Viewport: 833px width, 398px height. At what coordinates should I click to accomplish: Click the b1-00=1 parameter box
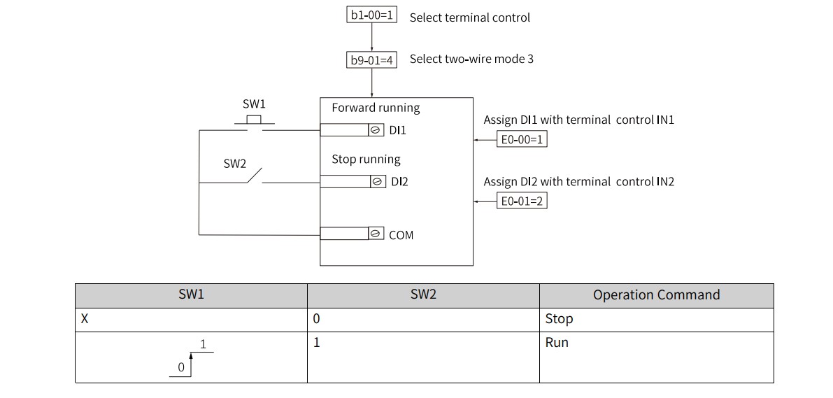pyautogui.click(x=372, y=15)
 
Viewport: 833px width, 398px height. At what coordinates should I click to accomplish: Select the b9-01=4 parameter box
pyautogui.click(x=372, y=60)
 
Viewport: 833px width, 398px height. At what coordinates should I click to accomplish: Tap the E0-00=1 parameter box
pyautogui.click(x=522, y=139)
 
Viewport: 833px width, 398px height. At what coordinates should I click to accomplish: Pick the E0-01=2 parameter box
pyautogui.click(x=522, y=201)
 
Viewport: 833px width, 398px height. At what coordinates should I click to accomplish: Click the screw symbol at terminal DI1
pyautogui.click(x=376, y=129)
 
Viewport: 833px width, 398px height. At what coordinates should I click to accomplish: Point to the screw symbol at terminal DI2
pyautogui.click(x=378, y=181)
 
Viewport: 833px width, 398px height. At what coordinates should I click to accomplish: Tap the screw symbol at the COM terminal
pyautogui.click(x=376, y=233)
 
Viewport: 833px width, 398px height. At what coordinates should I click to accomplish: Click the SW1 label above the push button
pyautogui.click(x=254, y=104)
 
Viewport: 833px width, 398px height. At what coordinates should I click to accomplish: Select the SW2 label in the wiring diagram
pyautogui.click(x=235, y=164)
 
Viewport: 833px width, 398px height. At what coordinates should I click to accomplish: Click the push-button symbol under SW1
pyautogui.click(x=255, y=121)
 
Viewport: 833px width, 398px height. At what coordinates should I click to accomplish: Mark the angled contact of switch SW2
pyautogui.click(x=255, y=176)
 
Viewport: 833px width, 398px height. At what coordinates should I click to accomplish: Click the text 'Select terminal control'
pyautogui.click(x=469, y=17)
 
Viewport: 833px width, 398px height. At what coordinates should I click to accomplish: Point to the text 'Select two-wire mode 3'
pyautogui.click(x=471, y=59)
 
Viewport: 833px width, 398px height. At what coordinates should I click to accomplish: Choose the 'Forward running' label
pyautogui.click(x=376, y=108)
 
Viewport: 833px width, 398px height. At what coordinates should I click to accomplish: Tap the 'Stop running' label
pyautogui.click(x=366, y=159)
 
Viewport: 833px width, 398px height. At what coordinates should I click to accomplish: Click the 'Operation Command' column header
pyautogui.click(x=657, y=295)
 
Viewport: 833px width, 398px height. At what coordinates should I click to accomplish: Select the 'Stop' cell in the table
pyautogui.click(x=559, y=319)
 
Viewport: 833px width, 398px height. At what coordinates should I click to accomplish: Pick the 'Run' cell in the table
pyautogui.click(x=557, y=342)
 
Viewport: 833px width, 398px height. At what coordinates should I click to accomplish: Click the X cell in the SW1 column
pyautogui.click(x=85, y=320)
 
